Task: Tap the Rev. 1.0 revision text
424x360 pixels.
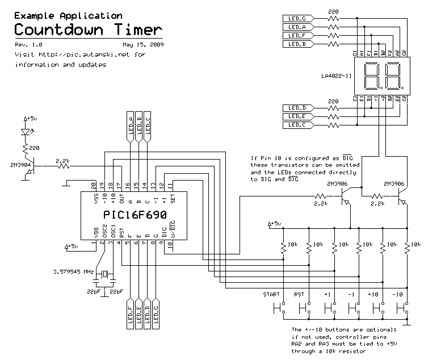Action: click(28, 44)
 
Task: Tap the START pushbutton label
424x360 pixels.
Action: click(272, 294)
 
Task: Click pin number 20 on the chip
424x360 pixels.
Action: click(94, 185)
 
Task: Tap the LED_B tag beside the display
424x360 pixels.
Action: click(297, 44)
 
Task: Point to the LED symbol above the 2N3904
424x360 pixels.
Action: click(25, 132)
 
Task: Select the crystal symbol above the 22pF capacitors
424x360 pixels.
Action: click(105, 275)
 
